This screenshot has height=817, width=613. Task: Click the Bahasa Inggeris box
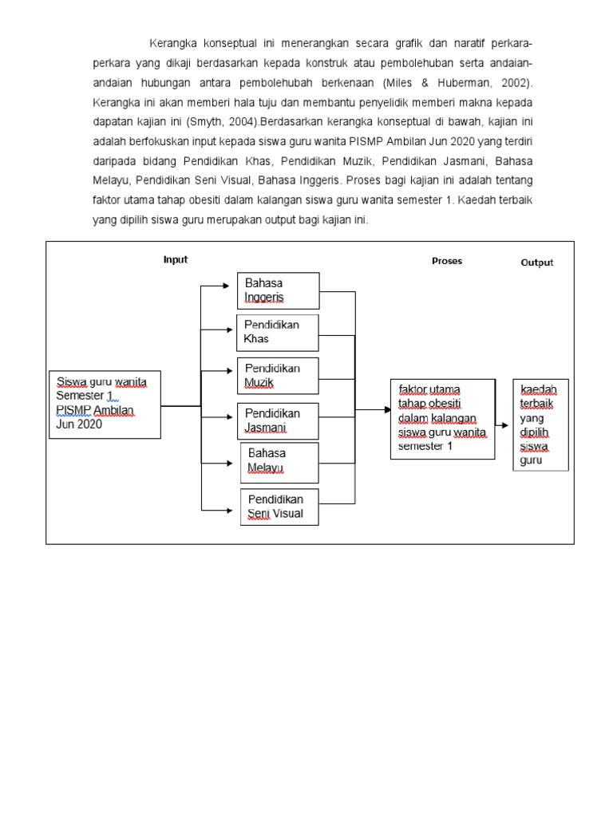278,290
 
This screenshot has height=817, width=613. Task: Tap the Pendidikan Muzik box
279,376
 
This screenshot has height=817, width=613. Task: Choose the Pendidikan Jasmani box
279,420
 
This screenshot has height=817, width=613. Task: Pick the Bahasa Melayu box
279,462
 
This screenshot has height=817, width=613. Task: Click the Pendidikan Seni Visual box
279,507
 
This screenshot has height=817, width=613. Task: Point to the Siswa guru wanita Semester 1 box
105,404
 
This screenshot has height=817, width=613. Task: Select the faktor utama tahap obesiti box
441,419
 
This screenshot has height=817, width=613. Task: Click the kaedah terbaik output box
540,424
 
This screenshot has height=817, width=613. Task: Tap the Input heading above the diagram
176,259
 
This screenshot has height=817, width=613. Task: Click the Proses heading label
447,261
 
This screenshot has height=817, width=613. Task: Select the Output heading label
537,262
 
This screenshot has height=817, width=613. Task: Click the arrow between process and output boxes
501,425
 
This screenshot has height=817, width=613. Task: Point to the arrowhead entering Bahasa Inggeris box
232,284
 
